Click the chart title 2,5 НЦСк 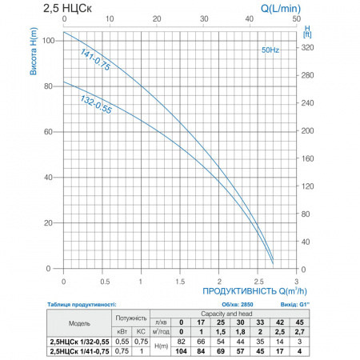(67, 8)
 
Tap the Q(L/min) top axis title (281, 9)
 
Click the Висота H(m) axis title (34, 51)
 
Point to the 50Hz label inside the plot (270, 50)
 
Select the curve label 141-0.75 (95, 60)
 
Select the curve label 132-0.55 (96, 104)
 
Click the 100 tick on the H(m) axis (49, 41)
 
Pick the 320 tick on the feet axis (307, 47)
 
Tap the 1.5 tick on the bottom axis (180, 282)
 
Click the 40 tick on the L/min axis (250, 18)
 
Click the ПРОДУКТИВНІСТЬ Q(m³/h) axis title (254, 291)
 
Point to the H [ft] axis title (307, 31)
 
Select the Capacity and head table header (226, 314)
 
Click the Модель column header (79, 323)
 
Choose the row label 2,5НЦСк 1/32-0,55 (79, 342)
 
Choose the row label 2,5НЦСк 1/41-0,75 (79, 351)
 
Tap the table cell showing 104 (181, 351)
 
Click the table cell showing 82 (181, 342)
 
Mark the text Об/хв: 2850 (238, 305)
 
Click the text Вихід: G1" (295, 305)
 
